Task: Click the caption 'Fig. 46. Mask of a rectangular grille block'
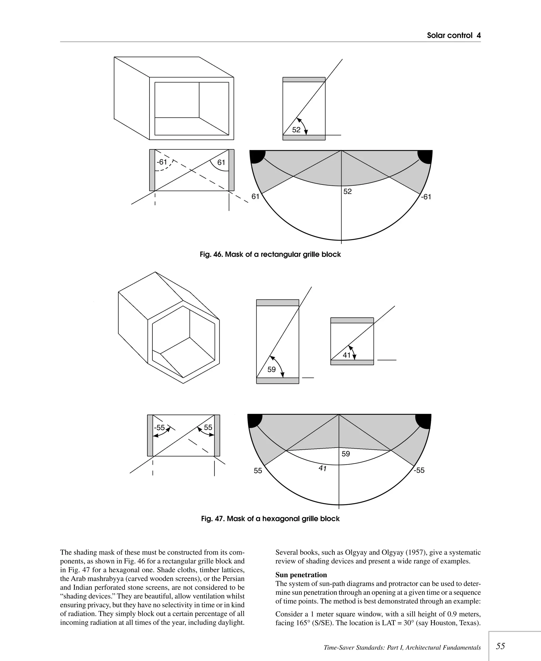270,255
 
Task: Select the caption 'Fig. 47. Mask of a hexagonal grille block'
270,519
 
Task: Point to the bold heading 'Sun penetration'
301,575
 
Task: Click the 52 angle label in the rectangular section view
296,130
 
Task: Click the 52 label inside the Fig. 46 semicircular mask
347,191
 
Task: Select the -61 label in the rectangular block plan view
162,162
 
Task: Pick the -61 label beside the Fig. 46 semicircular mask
426,197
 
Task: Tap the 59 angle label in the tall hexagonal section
272,369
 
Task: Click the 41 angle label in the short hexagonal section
347,355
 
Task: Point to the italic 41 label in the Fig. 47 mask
323,468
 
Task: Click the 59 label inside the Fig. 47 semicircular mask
346,454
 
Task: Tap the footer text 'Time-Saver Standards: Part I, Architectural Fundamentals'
402,648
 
